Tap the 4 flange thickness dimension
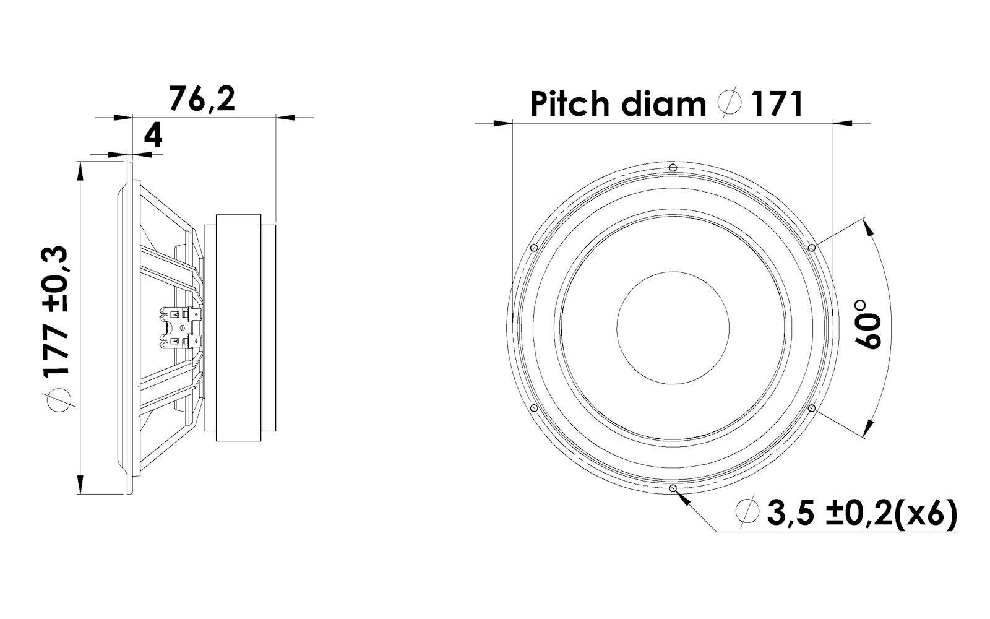pos(153,135)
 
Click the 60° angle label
pos(867,324)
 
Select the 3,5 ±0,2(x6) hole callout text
pos(863,513)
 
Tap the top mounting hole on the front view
pos(673,167)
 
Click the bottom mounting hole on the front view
pos(673,488)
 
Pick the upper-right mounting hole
pos(811,248)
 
